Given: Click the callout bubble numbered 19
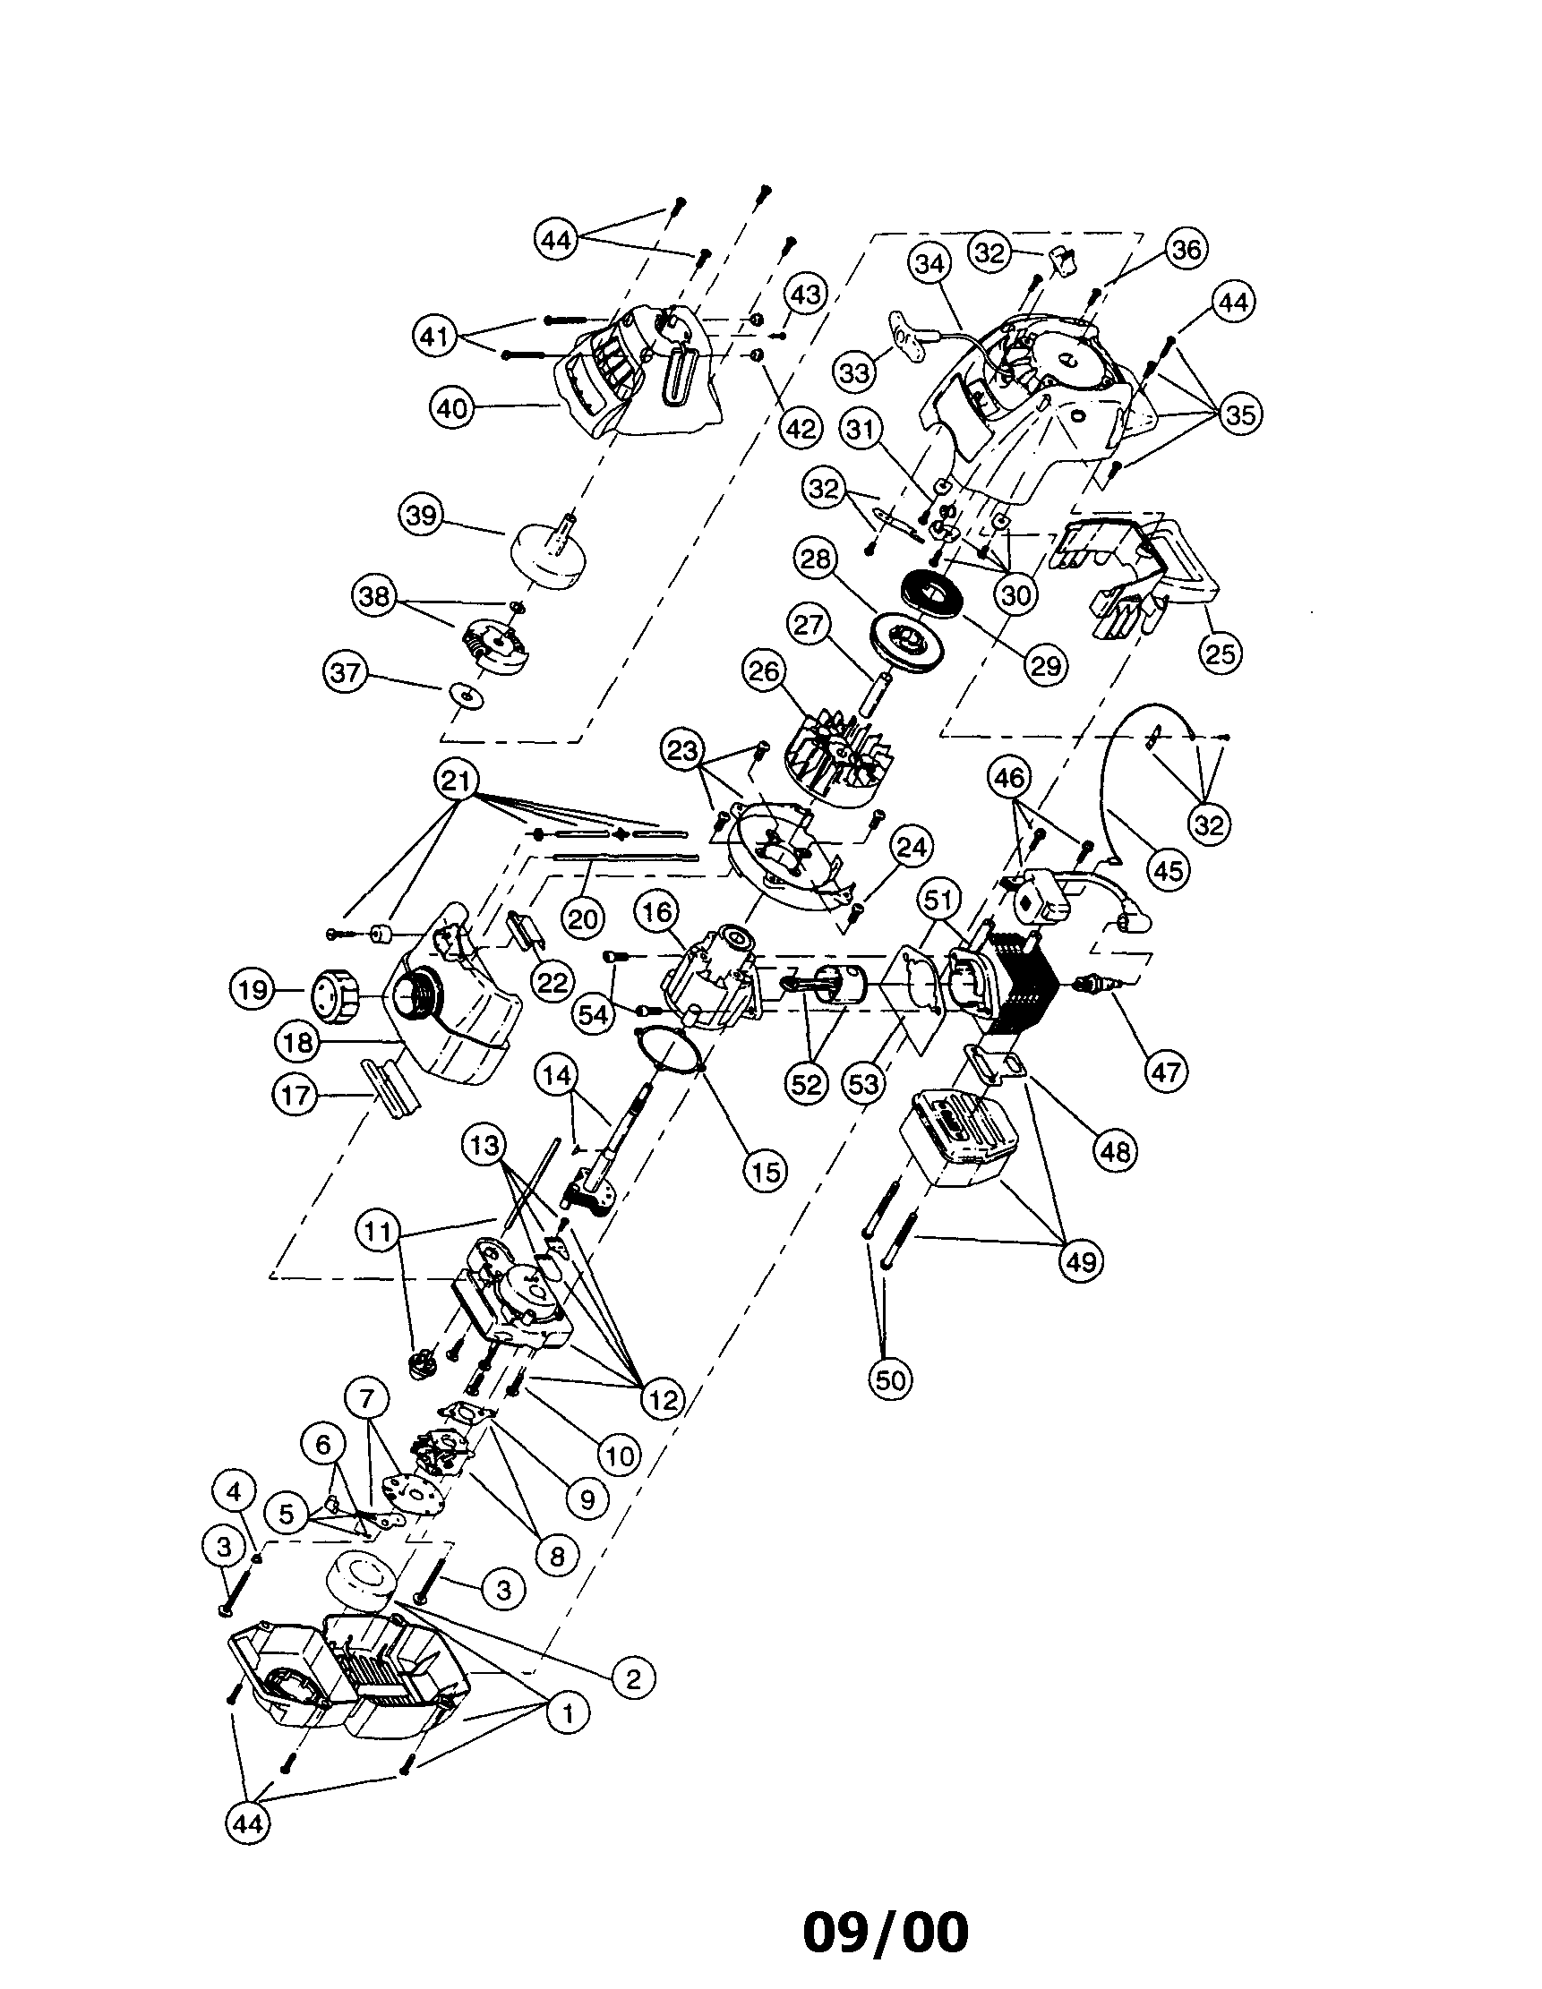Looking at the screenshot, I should pos(253,989).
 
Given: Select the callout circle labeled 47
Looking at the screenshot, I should pos(1167,1071).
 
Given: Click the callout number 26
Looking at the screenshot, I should pos(763,670).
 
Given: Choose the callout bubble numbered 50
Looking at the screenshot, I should pos(890,1379).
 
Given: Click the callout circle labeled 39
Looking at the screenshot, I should pos(422,516).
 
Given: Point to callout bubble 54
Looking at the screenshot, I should pos(593,1013).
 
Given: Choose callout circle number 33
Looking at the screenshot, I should pos(854,371).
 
